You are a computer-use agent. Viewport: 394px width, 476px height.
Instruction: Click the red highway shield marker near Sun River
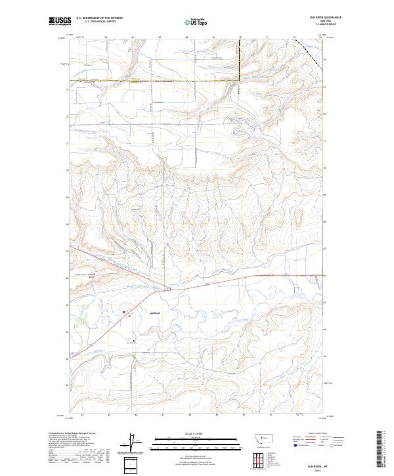pyautogui.click(x=127, y=312)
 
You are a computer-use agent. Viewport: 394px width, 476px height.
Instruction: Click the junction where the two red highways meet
pyautogui.click(x=172, y=288)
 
